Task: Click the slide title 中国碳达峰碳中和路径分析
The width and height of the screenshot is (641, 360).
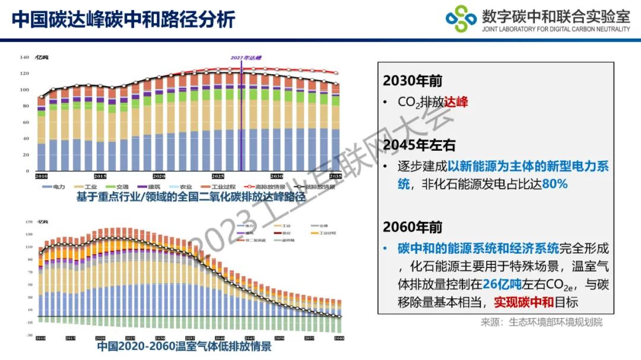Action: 123,19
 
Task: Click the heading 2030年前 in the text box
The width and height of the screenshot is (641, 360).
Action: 412,81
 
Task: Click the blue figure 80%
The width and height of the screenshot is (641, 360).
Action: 554,184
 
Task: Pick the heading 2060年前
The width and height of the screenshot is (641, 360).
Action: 412,227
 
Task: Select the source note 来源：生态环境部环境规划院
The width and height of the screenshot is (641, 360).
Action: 541,322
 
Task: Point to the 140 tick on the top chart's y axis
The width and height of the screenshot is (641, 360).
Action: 24,58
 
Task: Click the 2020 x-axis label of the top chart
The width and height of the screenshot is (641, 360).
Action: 158,177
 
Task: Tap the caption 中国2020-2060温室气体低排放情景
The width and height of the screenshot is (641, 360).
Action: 184,347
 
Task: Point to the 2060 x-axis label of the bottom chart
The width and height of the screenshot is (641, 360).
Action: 339,338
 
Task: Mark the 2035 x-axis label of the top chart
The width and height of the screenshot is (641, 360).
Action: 335,177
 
